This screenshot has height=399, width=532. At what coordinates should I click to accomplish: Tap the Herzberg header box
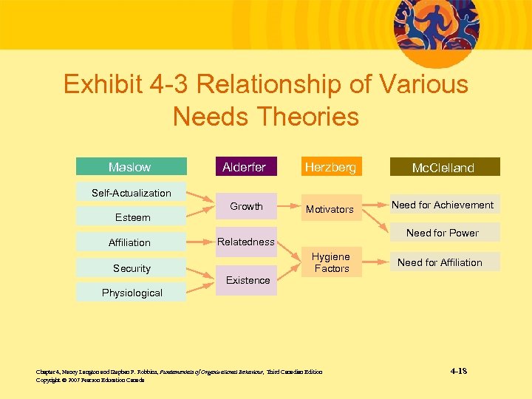point(331,167)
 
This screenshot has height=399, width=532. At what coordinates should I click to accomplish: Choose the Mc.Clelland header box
point(443,168)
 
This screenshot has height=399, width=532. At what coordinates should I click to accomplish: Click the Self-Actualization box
point(132,193)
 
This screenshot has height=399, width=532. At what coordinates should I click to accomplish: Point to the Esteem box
point(132,217)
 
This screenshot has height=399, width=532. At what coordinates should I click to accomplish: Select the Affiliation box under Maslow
point(130,242)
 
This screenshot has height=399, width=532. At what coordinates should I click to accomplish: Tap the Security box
point(132,268)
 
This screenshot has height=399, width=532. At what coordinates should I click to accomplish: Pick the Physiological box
point(132,293)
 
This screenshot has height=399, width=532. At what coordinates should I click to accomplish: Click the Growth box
point(246,206)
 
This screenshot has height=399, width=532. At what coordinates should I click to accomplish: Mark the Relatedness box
point(246,242)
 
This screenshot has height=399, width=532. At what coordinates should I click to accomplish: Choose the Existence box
point(248,280)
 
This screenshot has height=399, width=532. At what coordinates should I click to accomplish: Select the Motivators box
point(330,209)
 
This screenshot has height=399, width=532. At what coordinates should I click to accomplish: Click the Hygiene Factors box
point(331,262)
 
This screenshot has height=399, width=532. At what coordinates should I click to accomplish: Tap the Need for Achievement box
point(443,205)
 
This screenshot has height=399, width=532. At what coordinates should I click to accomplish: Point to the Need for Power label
point(443,233)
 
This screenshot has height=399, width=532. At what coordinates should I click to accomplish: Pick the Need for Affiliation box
point(440,262)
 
